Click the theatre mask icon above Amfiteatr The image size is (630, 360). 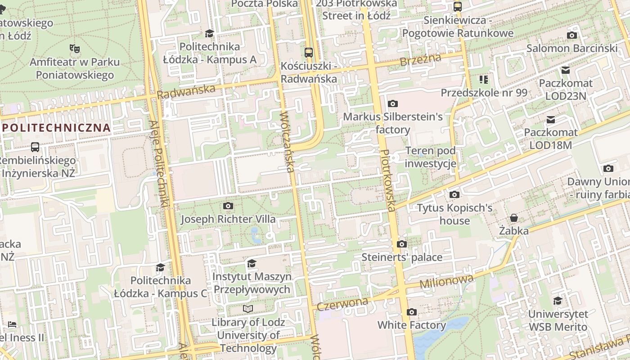(x=74, y=48)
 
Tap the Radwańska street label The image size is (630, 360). (x=186, y=91)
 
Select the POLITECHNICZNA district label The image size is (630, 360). (x=56, y=127)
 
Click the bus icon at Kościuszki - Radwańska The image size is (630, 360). (x=309, y=52)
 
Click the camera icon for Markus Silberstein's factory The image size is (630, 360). (x=393, y=104)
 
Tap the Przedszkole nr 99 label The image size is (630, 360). (x=484, y=93)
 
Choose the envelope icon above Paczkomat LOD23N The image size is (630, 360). (x=566, y=70)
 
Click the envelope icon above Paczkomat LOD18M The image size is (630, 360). (x=550, y=119)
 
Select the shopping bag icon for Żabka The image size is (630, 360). (x=513, y=218)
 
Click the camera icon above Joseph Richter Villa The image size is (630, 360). (x=228, y=206)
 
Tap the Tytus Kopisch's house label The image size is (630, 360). (x=454, y=214)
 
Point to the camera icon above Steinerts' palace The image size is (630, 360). (x=402, y=244)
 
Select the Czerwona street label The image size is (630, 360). (x=342, y=304)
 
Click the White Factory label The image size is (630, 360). (x=411, y=325)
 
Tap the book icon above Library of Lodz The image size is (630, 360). (x=248, y=309)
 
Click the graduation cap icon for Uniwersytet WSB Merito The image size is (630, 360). (x=558, y=301)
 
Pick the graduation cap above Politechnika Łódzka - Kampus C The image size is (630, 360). (x=161, y=268)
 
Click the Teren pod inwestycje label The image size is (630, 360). (x=430, y=157)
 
